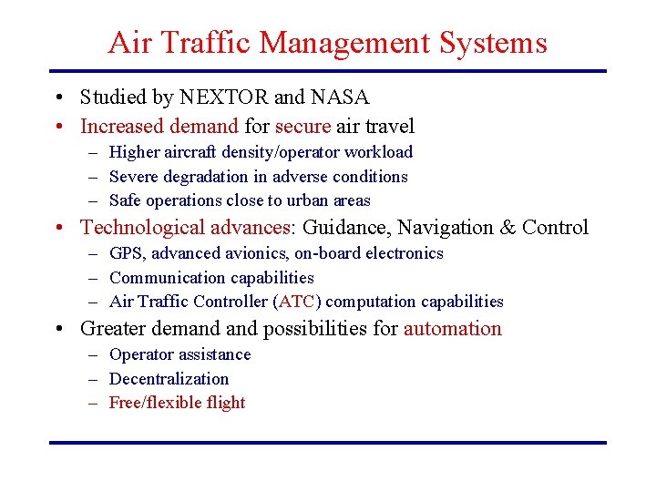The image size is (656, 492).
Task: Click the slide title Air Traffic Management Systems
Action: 327,43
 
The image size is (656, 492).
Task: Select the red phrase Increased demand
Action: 159,126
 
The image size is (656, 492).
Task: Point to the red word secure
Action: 303,126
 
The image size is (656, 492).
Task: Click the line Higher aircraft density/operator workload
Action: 261,152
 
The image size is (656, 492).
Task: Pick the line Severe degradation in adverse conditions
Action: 258,177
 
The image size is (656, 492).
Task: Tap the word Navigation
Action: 447,228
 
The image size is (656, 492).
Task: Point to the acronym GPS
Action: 126,253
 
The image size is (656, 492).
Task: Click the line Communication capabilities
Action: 211,278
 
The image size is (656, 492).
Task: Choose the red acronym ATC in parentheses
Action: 297,302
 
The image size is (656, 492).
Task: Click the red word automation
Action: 453,329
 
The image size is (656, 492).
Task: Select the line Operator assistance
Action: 179,354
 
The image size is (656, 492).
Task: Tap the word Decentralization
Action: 169,379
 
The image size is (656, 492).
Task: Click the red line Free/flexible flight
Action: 178,403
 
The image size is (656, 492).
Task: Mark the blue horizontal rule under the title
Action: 327,71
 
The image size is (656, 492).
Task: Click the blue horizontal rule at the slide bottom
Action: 327,443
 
